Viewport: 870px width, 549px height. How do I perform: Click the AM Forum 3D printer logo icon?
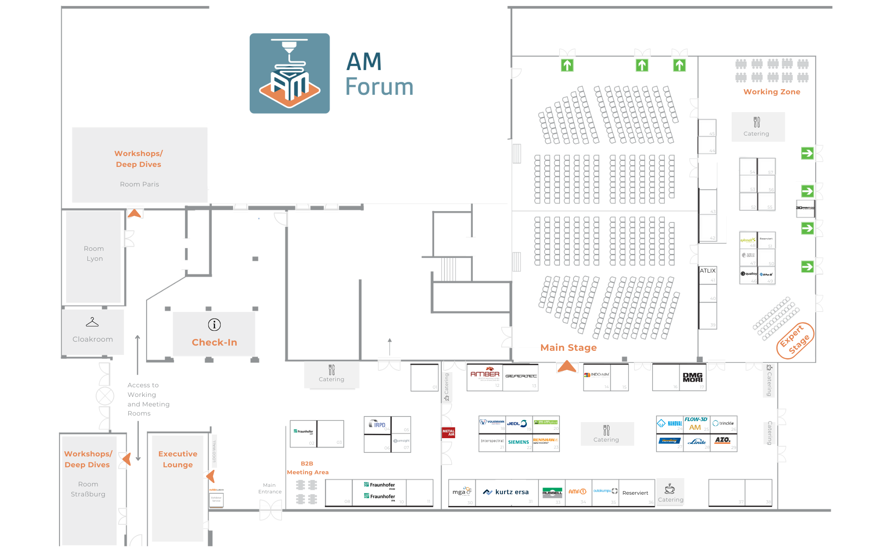click(289, 73)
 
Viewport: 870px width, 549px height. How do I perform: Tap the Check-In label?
click(214, 343)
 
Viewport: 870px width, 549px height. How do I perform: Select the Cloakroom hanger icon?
click(92, 322)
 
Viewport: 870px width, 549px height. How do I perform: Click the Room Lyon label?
click(94, 253)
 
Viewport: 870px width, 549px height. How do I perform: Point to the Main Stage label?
click(568, 348)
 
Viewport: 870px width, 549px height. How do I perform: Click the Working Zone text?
click(772, 92)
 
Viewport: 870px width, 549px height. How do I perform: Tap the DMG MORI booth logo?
click(693, 377)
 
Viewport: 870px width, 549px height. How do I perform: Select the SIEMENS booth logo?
click(519, 442)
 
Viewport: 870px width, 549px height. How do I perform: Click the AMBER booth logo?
click(485, 374)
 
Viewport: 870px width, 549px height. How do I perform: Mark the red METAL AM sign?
click(448, 433)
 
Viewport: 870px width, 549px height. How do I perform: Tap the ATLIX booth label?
click(708, 271)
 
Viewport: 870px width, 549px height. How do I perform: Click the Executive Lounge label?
click(177, 459)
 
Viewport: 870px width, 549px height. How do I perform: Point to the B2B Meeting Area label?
click(308, 468)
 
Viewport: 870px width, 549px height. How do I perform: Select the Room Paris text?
click(139, 184)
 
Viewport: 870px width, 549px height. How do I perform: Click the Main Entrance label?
click(270, 489)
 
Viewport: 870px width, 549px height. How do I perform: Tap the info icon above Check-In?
click(214, 325)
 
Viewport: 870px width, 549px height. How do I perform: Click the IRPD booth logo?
click(378, 424)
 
